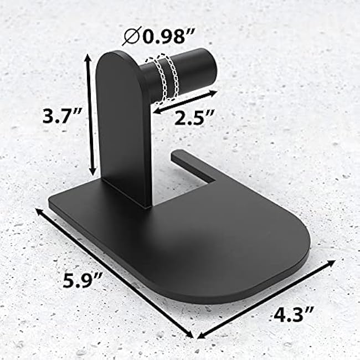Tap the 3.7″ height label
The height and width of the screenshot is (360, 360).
click(63, 117)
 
